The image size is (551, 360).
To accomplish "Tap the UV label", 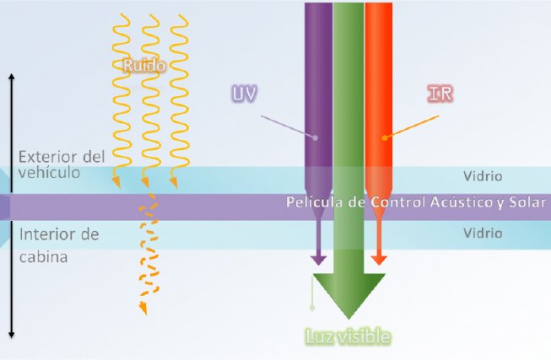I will click(x=245, y=93).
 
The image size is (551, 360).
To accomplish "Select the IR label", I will click(x=440, y=94).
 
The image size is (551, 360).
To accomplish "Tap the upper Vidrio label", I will click(x=483, y=177).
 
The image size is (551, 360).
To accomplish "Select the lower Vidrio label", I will click(x=483, y=234).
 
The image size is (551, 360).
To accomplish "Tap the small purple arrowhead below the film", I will click(x=318, y=259).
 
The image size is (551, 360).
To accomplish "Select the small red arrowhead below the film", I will click(x=378, y=259).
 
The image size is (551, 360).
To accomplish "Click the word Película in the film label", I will click(x=311, y=205).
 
